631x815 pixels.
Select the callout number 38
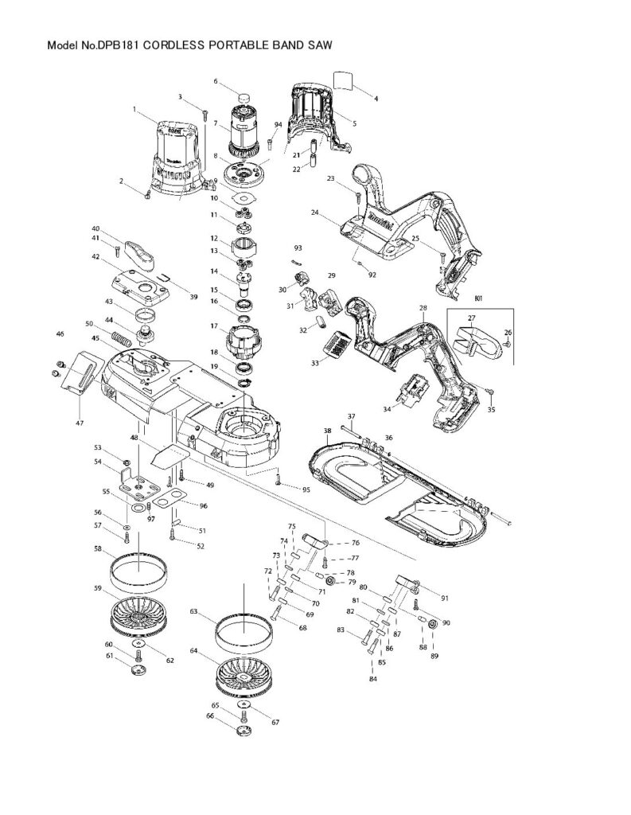coord(327,431)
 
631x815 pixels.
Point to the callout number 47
coord(80,423)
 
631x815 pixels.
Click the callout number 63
coord(193,612)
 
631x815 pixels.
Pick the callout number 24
coord(315,213)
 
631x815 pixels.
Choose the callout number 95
coord(305,488)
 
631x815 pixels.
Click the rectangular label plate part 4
coord(343,80)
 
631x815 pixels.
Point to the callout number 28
coord(423,307)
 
